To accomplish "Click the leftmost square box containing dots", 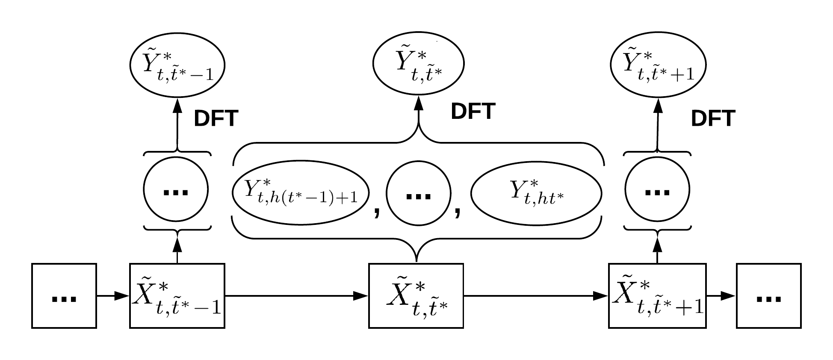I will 64,296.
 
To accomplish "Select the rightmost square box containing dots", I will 768,296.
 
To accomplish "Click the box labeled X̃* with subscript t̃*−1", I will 177,296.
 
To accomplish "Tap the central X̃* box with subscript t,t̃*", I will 416,296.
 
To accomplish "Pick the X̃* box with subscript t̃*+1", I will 657,296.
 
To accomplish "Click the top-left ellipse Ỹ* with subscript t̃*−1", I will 177,65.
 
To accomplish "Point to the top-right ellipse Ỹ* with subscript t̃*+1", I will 658,65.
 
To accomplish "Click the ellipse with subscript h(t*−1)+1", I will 301,192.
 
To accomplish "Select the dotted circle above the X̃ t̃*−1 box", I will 176,189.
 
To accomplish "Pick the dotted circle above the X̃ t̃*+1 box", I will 657,189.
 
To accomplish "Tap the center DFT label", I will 473,112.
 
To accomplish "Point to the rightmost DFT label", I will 713,119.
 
